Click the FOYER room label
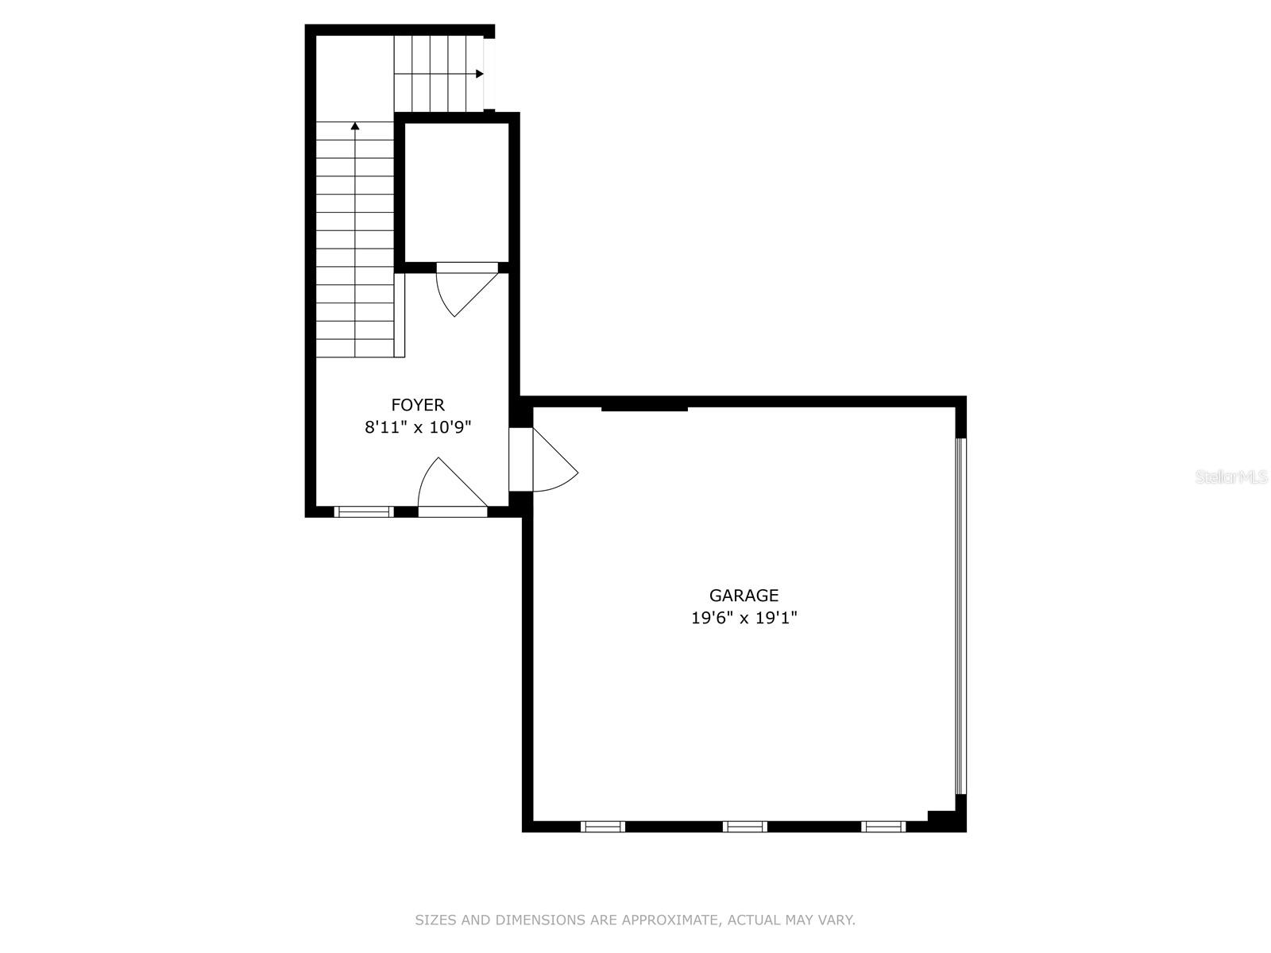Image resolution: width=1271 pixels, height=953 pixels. [418, 405]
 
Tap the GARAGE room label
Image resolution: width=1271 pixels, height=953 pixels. [744, 596]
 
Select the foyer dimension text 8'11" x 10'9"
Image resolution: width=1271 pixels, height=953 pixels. [418, 427]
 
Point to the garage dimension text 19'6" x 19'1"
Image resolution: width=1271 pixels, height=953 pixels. [744, 618]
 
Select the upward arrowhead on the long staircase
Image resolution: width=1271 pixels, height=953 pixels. [355, 125]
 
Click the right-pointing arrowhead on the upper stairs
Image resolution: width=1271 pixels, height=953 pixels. [479, 74]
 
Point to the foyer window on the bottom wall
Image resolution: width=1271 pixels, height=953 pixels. [364, 511]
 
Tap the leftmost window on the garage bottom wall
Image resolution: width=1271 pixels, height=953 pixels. [603, 827]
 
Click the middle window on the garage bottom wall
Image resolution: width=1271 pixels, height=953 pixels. [744, 827]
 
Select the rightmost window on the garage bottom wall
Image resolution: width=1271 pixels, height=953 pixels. [883, 827]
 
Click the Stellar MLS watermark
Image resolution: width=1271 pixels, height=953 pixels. [1231, 477]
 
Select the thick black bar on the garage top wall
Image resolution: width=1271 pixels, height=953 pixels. [644, 407]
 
